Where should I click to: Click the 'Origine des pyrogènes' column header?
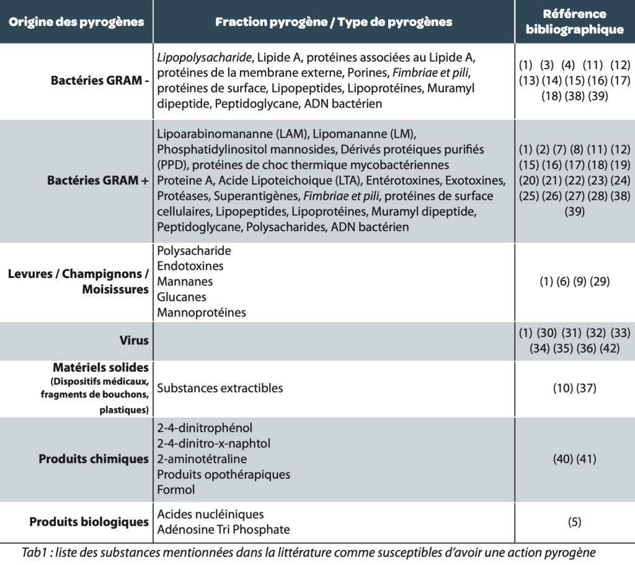(x=77, y=22)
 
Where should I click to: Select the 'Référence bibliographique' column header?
(x=574, y=22)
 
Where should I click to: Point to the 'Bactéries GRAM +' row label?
(x=98, y=181)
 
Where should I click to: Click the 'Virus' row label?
(x=134, y=340)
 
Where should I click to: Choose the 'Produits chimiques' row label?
(x=94, y=459)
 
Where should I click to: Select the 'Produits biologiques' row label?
(x=89, y=522)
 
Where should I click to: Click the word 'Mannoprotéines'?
(x=202, y=313)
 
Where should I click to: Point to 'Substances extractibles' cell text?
(x=220, y=388)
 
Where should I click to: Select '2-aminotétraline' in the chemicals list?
(x=202, y=459)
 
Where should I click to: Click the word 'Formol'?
(x=176, y=490)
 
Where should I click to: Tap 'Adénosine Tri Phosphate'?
(x=223, y=530)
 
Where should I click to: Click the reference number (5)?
(x=574, y=522)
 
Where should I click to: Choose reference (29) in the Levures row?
(x=600, y=282)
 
